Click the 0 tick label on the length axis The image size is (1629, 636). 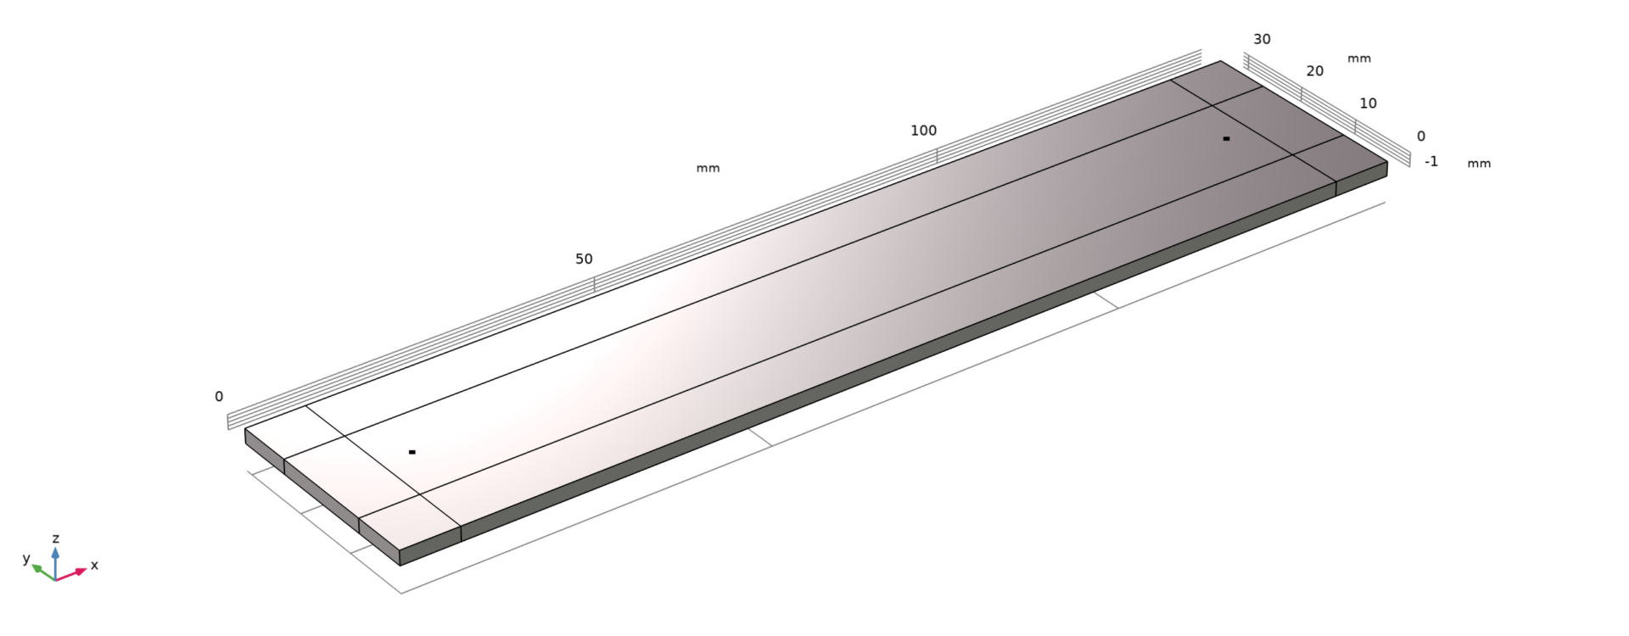(219, 396)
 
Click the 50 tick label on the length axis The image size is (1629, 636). (584, 259)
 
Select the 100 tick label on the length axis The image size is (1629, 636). (923, 131)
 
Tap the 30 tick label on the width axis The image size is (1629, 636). (1262, 39)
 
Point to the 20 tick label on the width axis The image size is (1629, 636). (1314, 71)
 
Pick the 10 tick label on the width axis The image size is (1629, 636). (1368, 103)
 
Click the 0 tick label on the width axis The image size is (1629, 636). (1421, 136)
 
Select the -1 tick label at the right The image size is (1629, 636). (1431, 161)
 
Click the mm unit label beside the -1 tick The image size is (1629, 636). (1479, 163)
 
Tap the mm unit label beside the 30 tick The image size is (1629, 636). (1359, 59)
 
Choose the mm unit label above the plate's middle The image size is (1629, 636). (708, 168)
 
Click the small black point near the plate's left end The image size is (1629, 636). (412, 452)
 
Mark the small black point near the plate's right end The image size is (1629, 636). (1226, 138)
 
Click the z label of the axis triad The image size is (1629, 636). (55, 538)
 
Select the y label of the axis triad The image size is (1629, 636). (26, 558)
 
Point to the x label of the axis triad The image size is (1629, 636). (94, 565)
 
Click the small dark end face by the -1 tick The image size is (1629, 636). (1361, 179)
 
